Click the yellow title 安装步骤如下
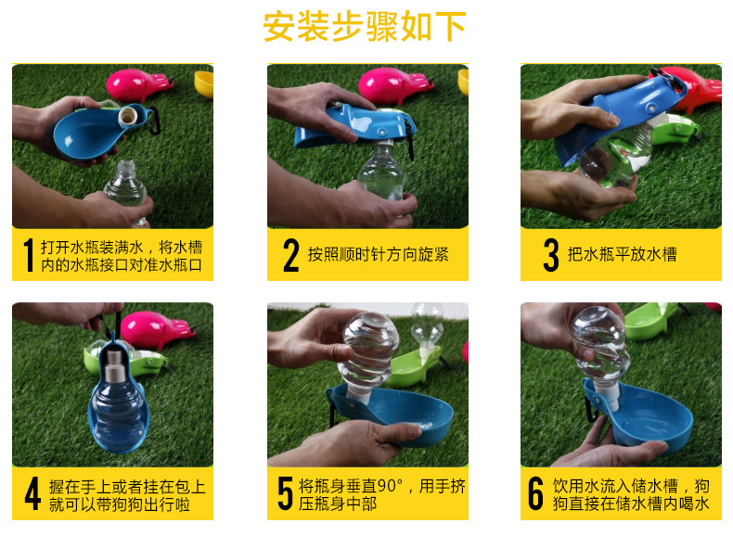(x=365, y=26)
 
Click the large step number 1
(x=29, y=255)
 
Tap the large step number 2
(x=290, y=255)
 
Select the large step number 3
(x=551, y=255)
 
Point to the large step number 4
(x=32, y=493)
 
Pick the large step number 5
(x=285, y=493)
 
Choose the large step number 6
(x=535, y=493)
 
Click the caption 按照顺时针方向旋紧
(x=379, y=255)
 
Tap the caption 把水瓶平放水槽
(x=623, y=254)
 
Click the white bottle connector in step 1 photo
(x=128, y=117)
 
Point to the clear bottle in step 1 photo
(x=126, y=189)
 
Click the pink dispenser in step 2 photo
(x=393, y=85)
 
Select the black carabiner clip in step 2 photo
(x=411, y=138)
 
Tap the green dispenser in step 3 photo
(x=677, y=129)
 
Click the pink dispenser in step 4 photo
(x=155, y=329)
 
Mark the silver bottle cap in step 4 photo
(x=113, y=364)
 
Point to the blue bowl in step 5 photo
(x=392, y=414)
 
